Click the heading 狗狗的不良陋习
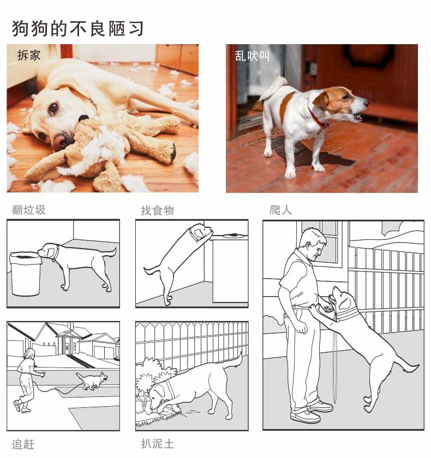tap(77, 28)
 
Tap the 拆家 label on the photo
tap(28, 55)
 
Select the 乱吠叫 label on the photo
tap(252, 56)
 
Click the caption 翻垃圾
tap(29, 210)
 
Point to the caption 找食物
tap(157, 210)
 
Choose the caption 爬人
tap(280, 210)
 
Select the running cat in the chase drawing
tap(91, 379)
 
